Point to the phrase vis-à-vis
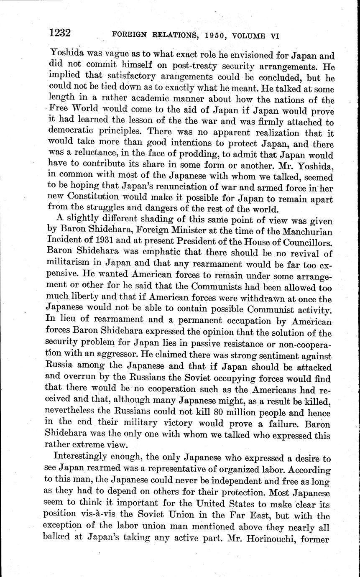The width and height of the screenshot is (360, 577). (101, 516)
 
